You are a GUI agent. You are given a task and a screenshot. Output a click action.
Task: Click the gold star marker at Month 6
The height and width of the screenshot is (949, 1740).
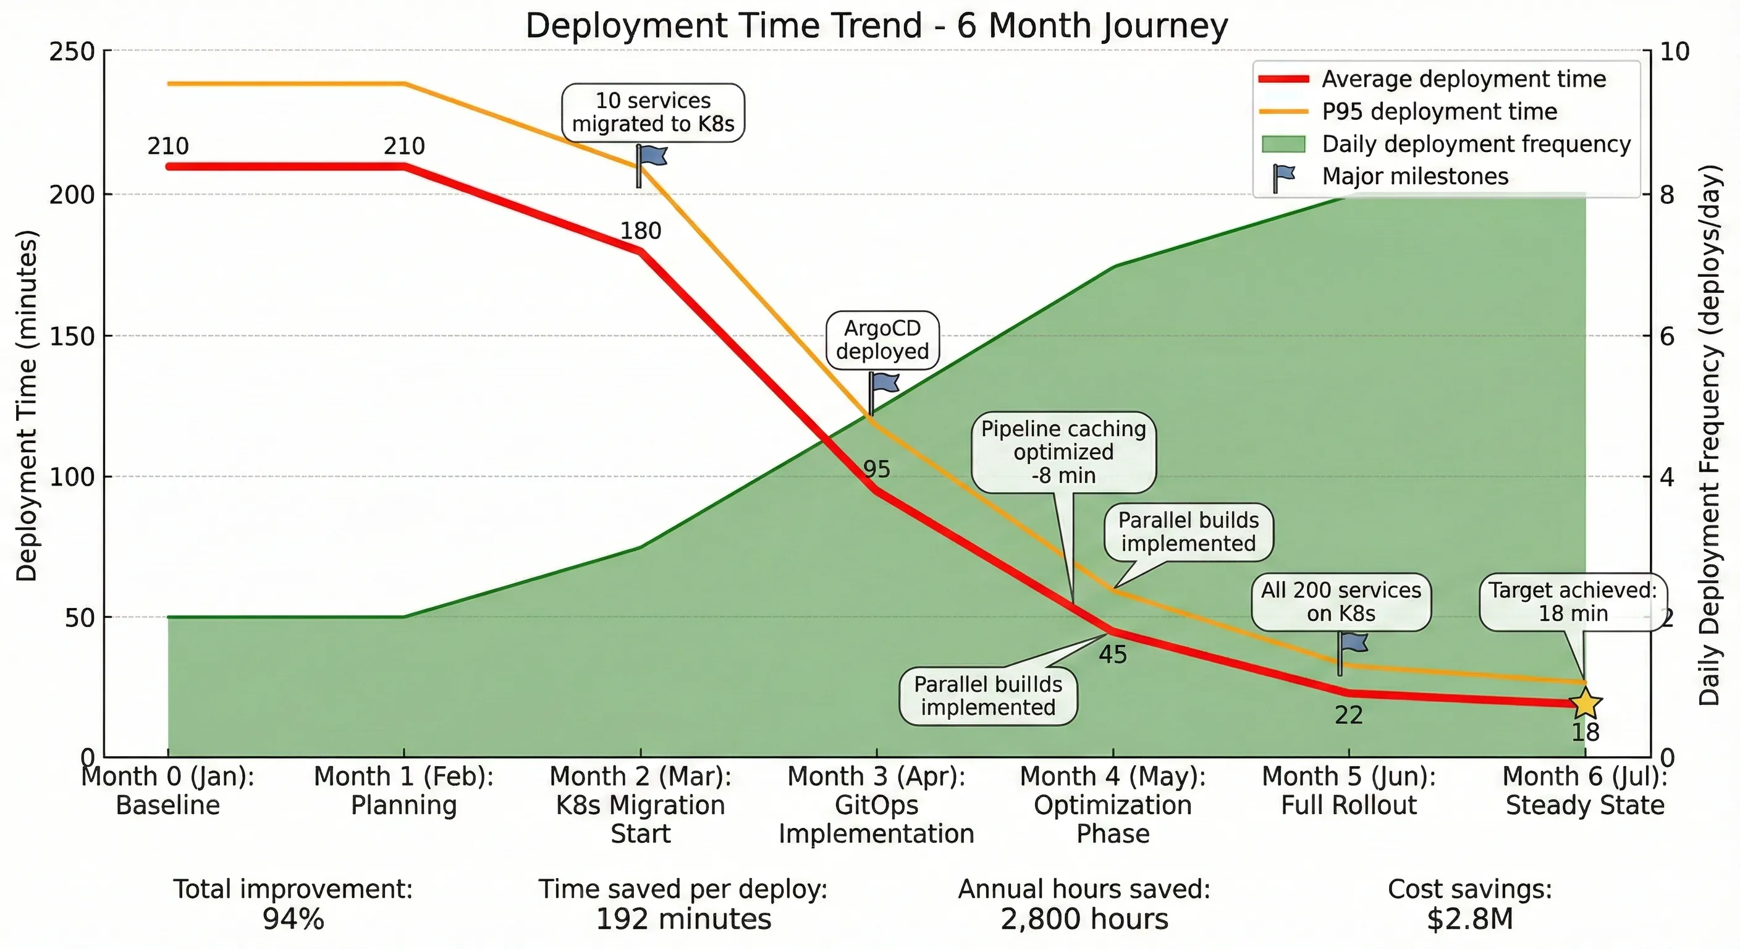tap(1585, 704)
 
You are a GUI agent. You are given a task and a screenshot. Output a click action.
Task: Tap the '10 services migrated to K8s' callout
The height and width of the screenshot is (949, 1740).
tap(652, 112)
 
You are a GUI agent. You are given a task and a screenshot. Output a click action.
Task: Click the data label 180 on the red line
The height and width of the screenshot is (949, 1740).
tap(640, 231)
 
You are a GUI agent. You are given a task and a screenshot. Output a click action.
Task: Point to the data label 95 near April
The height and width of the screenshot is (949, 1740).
tap(877, 470)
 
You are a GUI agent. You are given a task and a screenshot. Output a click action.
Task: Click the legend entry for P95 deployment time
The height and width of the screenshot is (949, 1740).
tap(1438, 111)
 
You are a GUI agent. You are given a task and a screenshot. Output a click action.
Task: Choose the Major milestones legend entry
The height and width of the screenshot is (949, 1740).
tap(1414, 176)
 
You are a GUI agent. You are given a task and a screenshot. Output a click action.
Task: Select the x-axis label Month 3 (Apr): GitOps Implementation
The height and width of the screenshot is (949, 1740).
tap(876, 804)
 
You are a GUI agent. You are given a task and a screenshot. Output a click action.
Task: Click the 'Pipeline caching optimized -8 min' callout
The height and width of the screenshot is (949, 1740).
tap(1063, 452)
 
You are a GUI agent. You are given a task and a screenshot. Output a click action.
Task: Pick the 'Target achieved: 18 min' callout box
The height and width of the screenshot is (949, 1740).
tap(1573, 602)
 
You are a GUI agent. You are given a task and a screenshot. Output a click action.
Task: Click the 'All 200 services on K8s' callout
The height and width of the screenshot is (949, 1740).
tap(1341, 602)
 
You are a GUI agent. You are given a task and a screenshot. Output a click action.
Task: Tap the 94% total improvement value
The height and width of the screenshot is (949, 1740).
tap(293, 919)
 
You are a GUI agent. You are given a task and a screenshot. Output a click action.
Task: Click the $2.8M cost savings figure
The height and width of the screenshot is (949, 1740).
tap(1470, 919)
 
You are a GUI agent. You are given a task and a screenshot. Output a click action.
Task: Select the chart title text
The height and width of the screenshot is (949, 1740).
tap(876, 26)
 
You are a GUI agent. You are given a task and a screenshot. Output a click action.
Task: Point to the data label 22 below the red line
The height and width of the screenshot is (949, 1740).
tap(1348, 715)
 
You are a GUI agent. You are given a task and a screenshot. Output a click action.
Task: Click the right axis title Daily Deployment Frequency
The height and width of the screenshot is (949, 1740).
tap(1709, 436)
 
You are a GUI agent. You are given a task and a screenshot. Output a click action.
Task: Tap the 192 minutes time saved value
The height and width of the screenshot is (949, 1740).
tap(683, 919)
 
